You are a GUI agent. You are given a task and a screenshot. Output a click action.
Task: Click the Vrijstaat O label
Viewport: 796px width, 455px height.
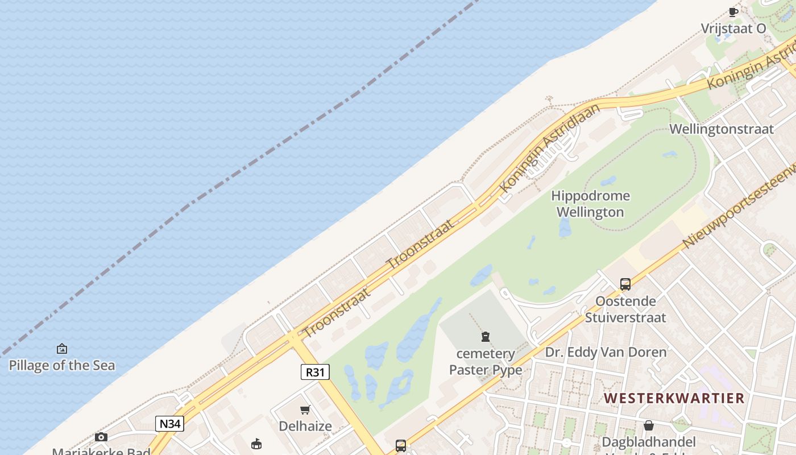tap(733, 28)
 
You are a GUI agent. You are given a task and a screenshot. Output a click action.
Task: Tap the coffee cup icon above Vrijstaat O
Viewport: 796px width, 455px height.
tap(733, 12)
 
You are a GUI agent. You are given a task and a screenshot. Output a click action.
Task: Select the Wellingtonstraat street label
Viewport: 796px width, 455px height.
tap(721, 129)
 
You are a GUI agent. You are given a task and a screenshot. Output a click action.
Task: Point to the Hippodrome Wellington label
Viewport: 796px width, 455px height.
tap(591, 204)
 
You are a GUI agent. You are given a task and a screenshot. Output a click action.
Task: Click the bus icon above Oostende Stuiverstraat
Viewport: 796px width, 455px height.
tap(625, 284)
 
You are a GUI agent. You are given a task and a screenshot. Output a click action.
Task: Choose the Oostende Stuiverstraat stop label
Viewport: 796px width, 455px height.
tap(625, 309)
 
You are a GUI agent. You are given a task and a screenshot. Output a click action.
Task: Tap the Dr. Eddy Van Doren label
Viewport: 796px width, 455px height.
tap(606, 352)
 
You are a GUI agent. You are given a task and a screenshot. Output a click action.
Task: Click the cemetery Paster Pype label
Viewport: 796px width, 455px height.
tap(486, 362)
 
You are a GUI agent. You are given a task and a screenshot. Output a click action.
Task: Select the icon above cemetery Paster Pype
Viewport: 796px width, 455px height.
tap(486, 337)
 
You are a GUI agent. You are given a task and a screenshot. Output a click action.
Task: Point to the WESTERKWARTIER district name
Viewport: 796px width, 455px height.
tap(674, 398)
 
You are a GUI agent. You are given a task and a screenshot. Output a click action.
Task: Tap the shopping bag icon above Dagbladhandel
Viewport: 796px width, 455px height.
tap(648, 425)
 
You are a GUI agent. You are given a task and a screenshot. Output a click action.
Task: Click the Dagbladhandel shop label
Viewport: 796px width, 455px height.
tap(649, 442)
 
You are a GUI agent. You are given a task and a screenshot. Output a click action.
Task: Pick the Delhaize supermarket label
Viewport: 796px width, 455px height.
tap(305, 426)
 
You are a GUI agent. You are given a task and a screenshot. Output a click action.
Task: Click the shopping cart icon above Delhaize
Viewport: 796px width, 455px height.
tap(305, 409)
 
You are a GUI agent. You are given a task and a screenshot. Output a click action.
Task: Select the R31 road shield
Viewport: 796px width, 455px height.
tap(314, 373)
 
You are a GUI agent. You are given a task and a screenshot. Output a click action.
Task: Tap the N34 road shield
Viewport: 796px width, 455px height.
tap(169, 423)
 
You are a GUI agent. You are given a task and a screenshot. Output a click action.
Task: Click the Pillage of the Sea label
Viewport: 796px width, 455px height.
tap(62, 365)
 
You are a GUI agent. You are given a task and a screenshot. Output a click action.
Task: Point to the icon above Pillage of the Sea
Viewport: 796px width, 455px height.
tap(62, 349)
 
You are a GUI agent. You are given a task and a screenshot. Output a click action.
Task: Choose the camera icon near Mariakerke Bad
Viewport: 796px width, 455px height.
tap(101, 437)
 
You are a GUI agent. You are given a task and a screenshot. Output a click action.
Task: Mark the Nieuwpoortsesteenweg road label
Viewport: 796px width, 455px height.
tap(739, 208)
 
